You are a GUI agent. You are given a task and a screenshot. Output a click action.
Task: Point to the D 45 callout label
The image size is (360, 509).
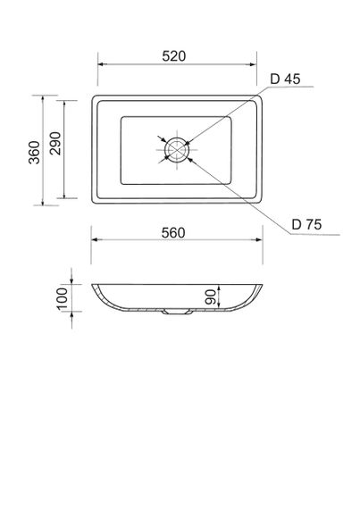pyautogui.click(x=284, y=79)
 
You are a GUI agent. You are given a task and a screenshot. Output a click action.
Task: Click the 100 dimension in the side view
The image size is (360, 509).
pyautogui.click(x=63, y=297)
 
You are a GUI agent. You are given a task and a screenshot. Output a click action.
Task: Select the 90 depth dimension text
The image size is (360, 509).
pyautogui.click(x=211, y=298)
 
